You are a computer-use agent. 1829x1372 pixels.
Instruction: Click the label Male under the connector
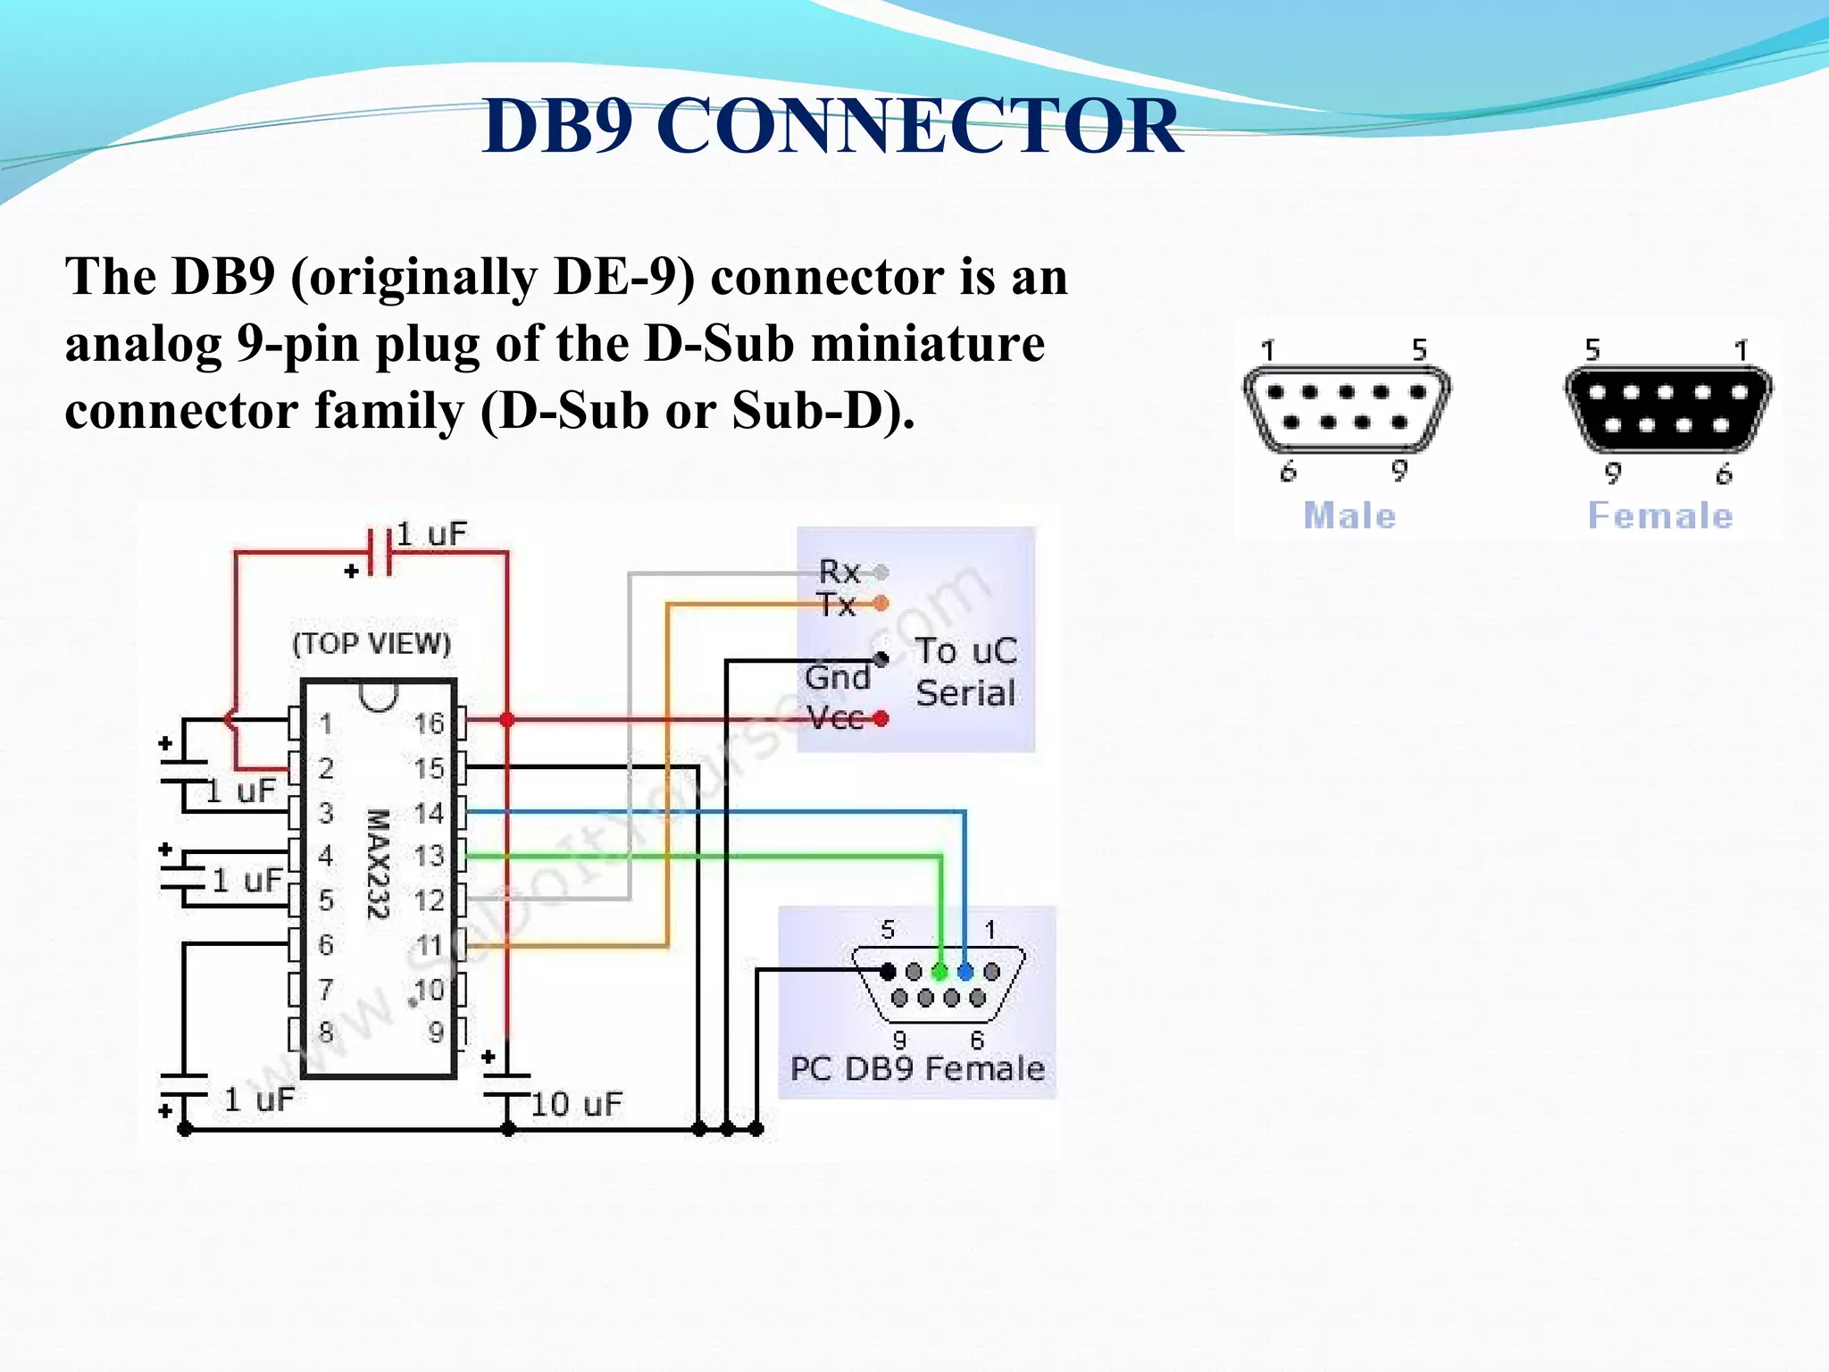click(x=1349, y=516)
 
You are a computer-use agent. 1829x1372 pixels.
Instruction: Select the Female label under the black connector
click(x=1660, y=516)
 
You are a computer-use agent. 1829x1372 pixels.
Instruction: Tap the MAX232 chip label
click(x=379, y=864)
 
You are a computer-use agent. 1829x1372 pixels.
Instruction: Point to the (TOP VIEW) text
click(x=372, y=643)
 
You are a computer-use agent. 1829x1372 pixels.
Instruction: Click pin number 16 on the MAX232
click(x=429, y=724)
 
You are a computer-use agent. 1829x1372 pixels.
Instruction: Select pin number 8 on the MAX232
click(x=326, y=1033)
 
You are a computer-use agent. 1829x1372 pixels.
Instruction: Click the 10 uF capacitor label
click(x=576, y=1105)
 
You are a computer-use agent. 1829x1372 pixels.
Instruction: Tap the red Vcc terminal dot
click(x=881, y=718)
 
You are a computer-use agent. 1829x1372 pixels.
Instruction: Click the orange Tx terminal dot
click(x=881, y=604)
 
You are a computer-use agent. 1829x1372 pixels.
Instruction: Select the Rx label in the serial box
click(x=839, y=571)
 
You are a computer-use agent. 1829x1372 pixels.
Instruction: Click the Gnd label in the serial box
click(x=837, y=677)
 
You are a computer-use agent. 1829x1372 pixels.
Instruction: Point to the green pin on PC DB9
click(x=940, y=971)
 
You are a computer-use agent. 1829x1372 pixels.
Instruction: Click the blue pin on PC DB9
click(x=965, y=971)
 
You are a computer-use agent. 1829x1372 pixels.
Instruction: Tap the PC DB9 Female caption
click(x=917, y=1068)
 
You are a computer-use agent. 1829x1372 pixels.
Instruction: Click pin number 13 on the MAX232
click(x=429, y=856)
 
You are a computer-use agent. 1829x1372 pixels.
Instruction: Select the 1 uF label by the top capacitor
click(x=431, y=534)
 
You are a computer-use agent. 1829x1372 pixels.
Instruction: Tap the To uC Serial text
click(x=965, y=672)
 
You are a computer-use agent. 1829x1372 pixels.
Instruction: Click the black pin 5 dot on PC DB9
click(x=888, y=971)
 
